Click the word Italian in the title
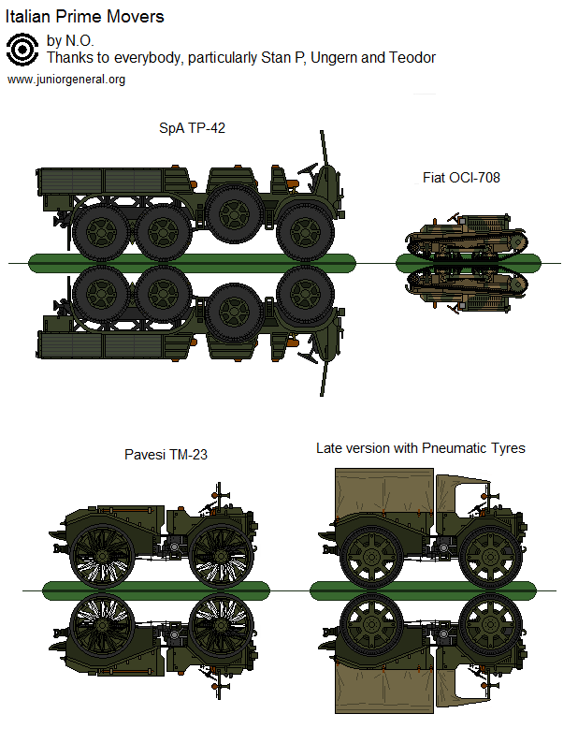tap(29, 17)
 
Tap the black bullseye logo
tap(22, 49)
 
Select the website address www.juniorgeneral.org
tap(66, 80)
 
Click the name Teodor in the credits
tap(412, 58)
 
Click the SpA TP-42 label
tap(192, 128)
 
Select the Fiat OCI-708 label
tap(460, 177)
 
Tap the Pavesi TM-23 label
tap(166, 455)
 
